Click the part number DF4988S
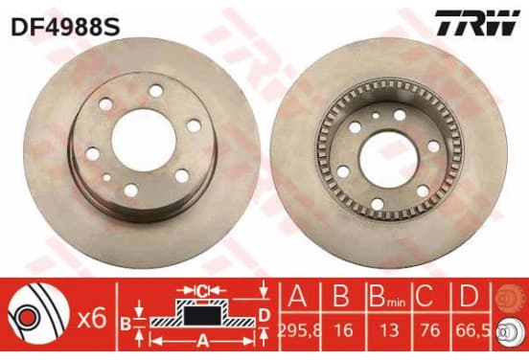pos(65,27)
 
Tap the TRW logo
pos(476,23)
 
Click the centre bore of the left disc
pos(144,140)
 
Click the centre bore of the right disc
pos(384,158)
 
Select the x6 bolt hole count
pos(92,319)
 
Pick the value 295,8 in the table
pos(299,330)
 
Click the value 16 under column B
pos(344,330)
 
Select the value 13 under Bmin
pos(389,330)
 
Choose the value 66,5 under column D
pos(472,330)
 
